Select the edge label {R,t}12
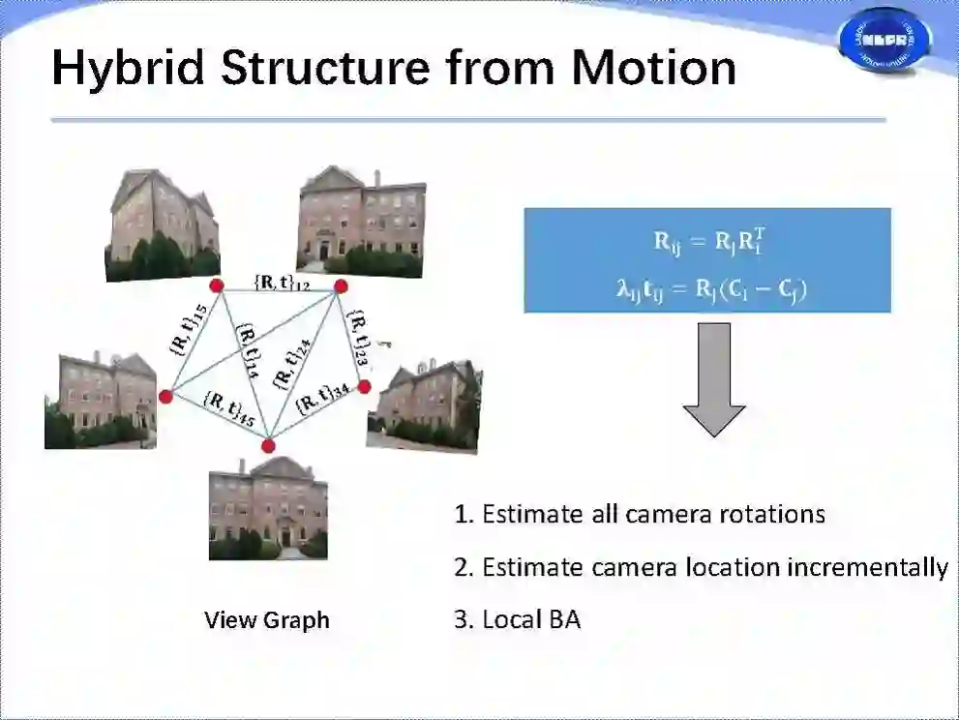[x=282, y=282]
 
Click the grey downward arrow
[x=714, y=378]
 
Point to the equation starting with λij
[x=707, y=287]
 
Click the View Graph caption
[x=267, y=620]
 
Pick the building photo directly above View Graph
[x=268, y=509]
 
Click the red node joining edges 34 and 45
[x=268, y=445]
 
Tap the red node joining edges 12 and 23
[x=341, y=285]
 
